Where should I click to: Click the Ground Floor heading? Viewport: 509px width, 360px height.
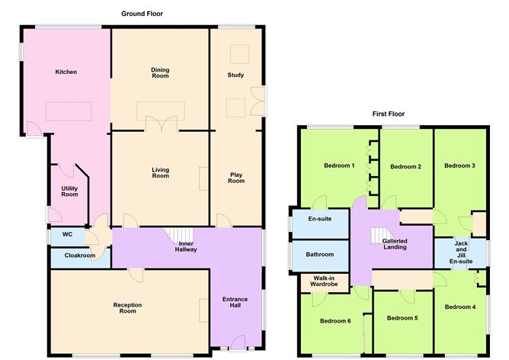tap(142, 14)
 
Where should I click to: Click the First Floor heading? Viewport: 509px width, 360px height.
tap(389, 114)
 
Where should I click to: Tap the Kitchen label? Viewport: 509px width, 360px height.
tap(66, 72)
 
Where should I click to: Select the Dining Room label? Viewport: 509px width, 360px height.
tap(160, 73)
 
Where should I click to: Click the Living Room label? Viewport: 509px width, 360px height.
tap(160, 172)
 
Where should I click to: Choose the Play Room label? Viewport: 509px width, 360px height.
tap(237, 178)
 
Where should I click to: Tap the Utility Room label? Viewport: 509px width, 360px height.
tap(70, 191)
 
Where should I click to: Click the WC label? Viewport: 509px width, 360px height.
tap(67, 235)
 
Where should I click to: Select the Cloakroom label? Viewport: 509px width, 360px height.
tap(79, 256)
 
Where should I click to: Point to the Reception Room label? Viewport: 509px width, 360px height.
tap(129, 308)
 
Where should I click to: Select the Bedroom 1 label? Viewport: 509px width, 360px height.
tap(339, 166)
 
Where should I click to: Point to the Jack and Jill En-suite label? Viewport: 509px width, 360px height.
tap(460, 252)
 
